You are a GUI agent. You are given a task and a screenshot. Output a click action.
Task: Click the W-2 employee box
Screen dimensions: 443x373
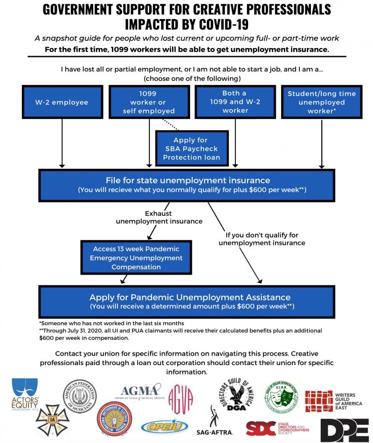pyautogui.click(x=62, y=102)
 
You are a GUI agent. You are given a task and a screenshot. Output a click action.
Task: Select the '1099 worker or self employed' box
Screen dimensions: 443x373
pyautogui.click(x=149, y=102)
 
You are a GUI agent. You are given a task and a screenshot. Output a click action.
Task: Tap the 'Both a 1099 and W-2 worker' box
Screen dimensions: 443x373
pyautogui.click(x=235, y=102)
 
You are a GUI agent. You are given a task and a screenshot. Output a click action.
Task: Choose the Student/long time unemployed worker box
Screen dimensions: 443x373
pyautogui.click(x=321, y=102)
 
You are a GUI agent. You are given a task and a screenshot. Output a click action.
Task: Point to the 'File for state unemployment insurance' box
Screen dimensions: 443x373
pyautogui.click(x=186, y=185)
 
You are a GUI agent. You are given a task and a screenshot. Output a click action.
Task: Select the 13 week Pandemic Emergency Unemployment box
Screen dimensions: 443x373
pyautogui.click(x=136, y=258)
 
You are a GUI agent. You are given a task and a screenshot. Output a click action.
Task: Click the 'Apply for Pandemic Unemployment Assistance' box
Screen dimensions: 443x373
pyautogui.click(x=186, y=301)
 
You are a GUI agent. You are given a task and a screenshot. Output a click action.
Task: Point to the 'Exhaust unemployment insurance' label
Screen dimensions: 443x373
pyautogui.click(x=159, y=217)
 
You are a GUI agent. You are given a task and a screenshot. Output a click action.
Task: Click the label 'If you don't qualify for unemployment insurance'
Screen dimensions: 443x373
pyautogui.click(x=262, y=239)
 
